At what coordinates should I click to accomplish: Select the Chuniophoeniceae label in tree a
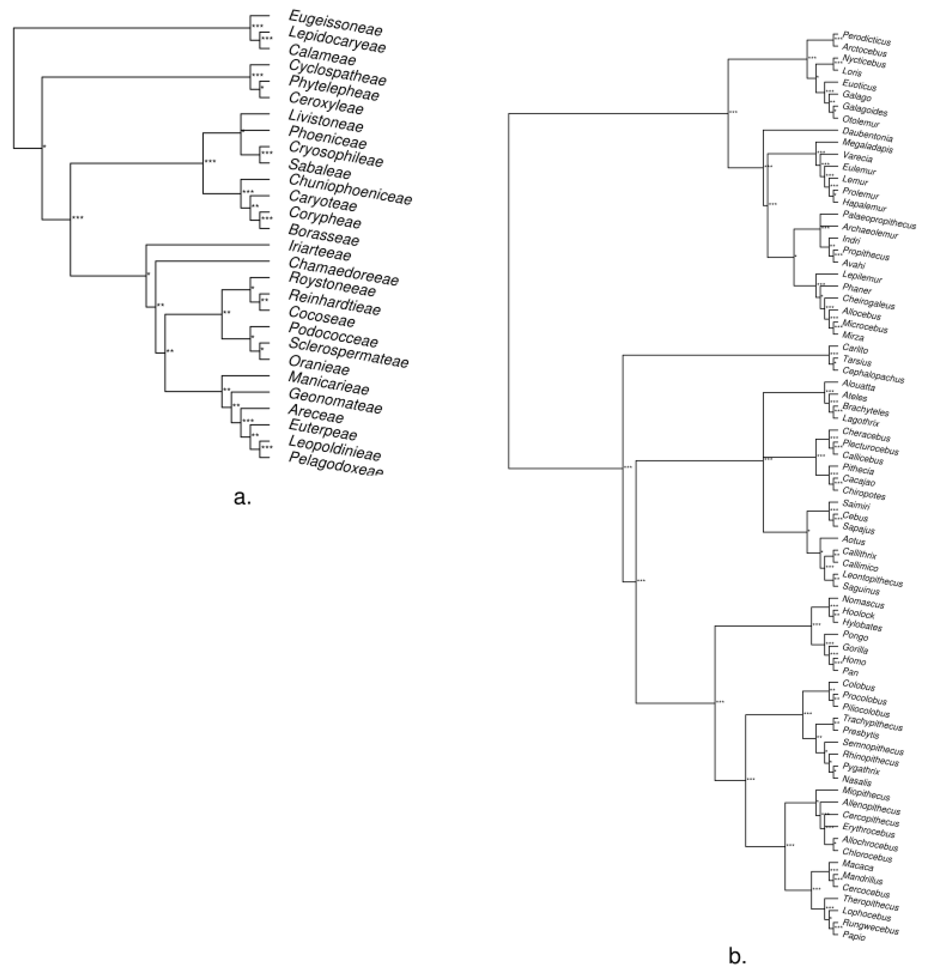tap(350, 189)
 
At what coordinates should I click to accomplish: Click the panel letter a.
tap(242, 497)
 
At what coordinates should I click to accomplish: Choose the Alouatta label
tap(859, 385)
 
